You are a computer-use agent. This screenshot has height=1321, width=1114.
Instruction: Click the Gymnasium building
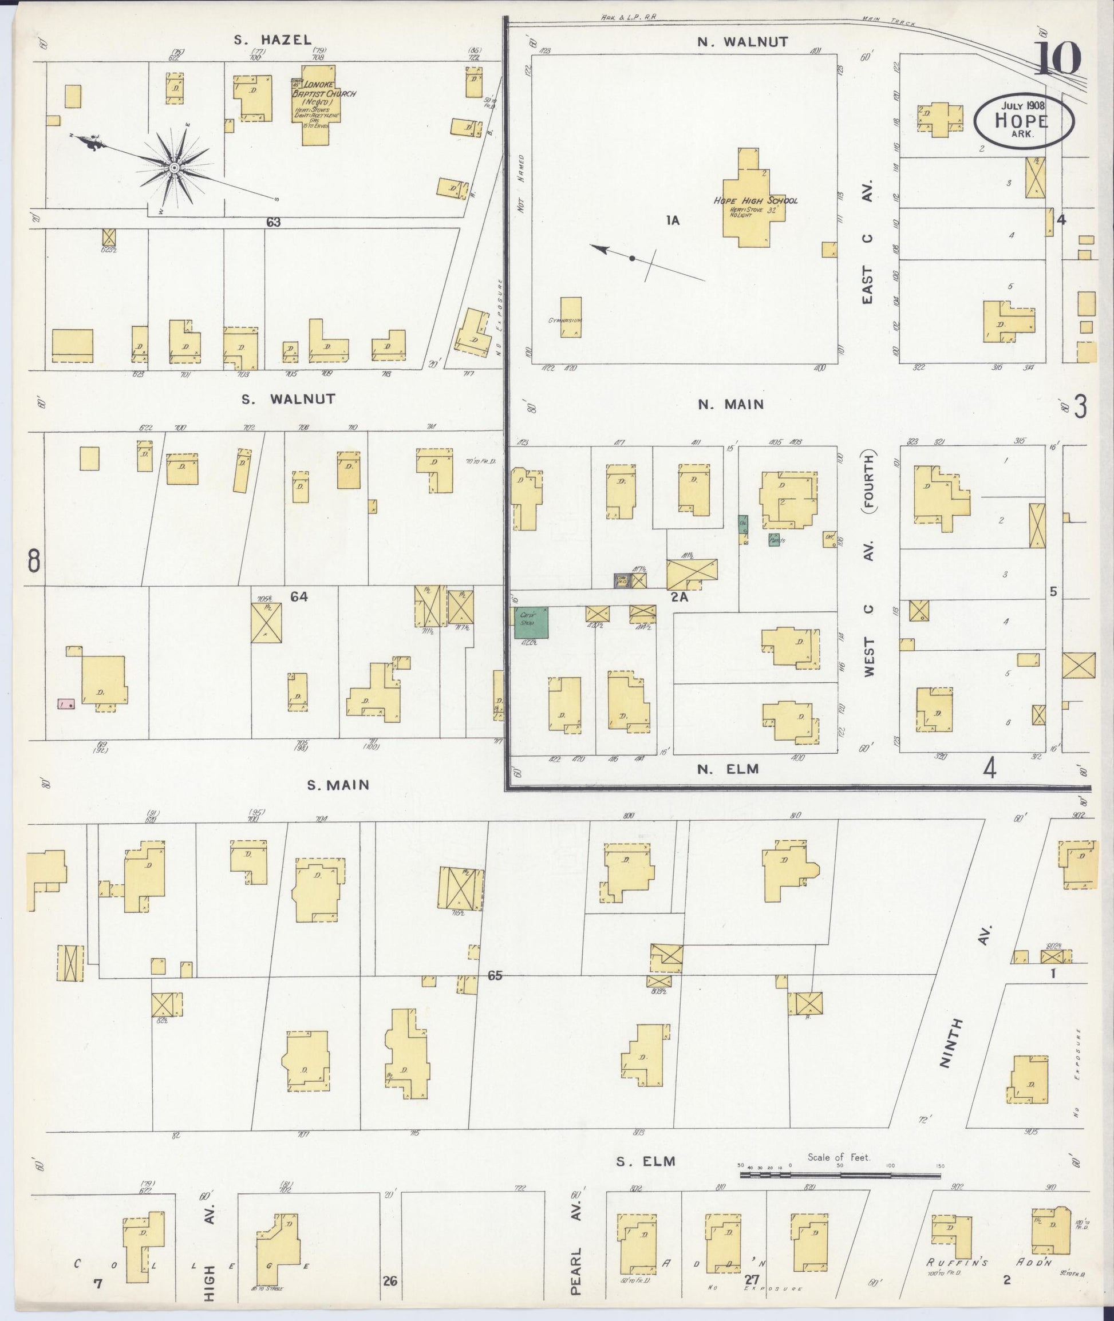coord(570,317)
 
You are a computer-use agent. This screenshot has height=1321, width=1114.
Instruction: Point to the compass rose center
coord(173,167)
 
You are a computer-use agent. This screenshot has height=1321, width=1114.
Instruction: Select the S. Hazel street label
coord(273,40)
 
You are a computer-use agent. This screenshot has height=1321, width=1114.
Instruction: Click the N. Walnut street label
coord(742,42)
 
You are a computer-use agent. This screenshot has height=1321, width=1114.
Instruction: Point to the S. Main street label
coord(338,785)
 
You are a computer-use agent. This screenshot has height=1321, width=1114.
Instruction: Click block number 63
coord(273,222)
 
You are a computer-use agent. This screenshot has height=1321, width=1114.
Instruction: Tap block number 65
coord(495,976)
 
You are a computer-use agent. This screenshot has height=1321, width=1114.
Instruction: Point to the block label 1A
coord(673,220)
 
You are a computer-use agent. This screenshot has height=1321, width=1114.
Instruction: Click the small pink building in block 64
coord(66,703)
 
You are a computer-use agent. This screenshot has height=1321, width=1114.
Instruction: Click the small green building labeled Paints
coord(774,540)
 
